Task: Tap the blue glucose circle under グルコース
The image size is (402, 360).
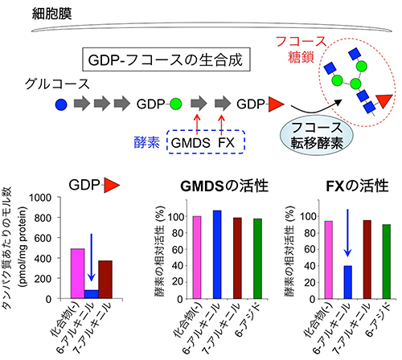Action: click(61, 104)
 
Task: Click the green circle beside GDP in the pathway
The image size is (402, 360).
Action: click(175, 104)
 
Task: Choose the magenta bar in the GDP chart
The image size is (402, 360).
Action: click(78, 273)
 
